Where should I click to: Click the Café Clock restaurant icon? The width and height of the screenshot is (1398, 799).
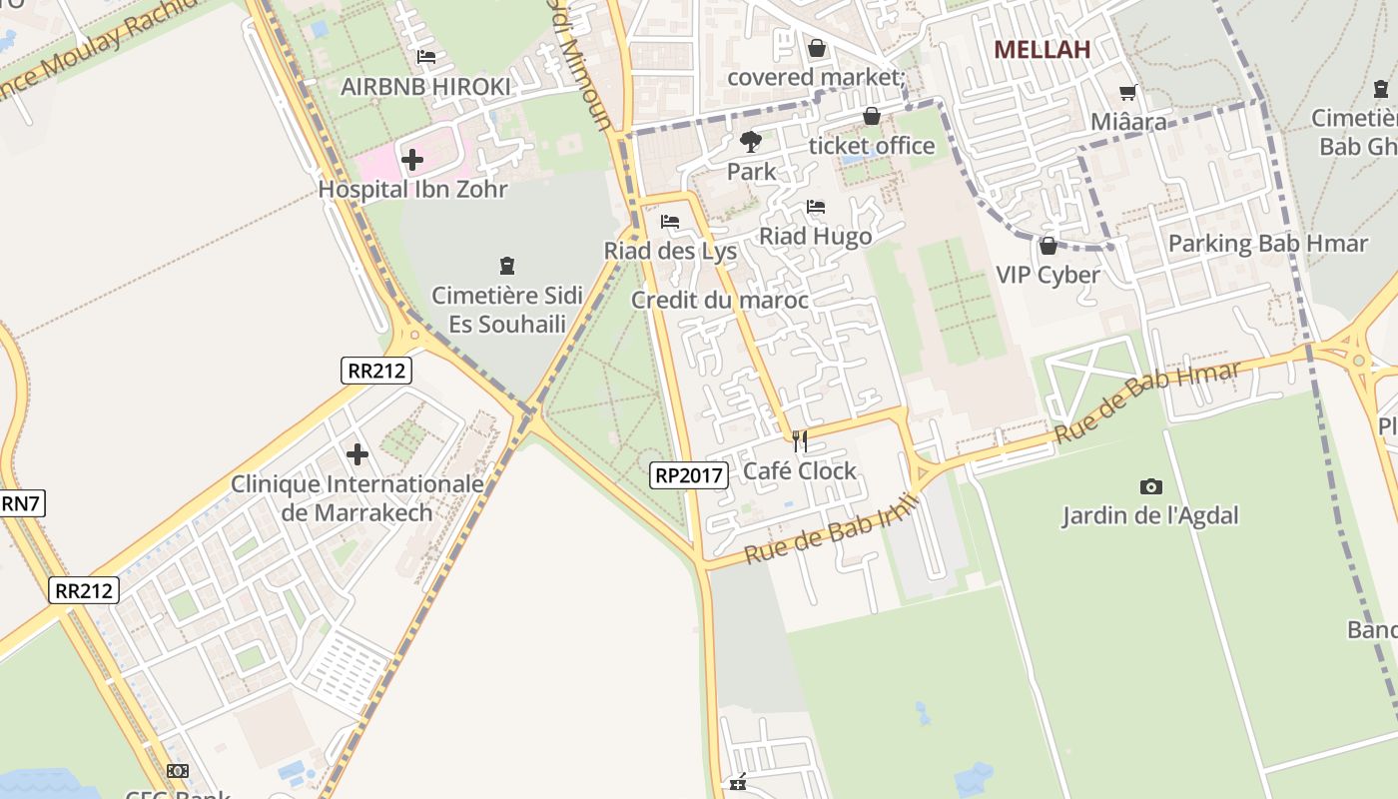799,440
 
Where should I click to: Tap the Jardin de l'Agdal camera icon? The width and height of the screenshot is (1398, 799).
1150,486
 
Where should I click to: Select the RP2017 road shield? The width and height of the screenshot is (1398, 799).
689,475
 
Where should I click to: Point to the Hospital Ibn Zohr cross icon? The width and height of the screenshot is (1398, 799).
411,159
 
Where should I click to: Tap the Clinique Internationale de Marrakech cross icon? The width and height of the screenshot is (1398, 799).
357,454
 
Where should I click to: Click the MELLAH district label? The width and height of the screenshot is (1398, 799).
1042,49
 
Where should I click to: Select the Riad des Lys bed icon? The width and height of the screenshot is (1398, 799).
670,221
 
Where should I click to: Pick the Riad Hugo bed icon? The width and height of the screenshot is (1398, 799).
816,207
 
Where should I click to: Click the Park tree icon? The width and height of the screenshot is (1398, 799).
751,142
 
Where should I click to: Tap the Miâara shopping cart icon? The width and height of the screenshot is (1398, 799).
1128,93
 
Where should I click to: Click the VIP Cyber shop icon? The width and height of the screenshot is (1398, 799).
1048,245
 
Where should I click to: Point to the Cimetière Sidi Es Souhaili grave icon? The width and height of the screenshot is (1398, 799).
507,266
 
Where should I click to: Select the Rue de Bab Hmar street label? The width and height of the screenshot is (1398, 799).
1147,403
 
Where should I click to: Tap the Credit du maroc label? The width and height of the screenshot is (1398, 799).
719,300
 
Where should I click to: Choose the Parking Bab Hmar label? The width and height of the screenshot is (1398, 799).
1267,243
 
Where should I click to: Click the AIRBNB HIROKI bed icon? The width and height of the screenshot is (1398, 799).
426,57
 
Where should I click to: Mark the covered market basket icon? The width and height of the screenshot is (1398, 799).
817,47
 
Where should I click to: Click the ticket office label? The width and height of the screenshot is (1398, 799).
872,146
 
